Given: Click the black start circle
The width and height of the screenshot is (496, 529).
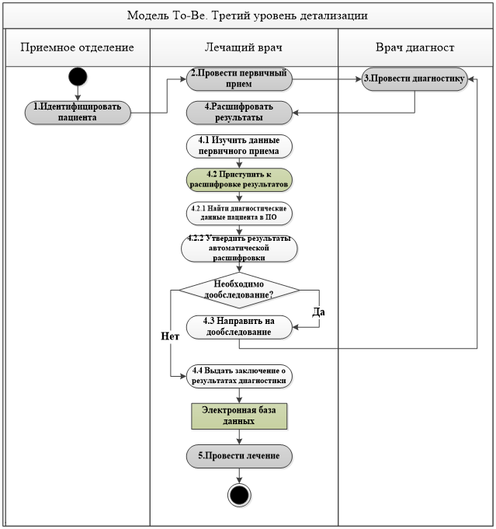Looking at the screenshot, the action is pos(78,76).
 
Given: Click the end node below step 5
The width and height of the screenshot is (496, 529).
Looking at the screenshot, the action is pos(239,495).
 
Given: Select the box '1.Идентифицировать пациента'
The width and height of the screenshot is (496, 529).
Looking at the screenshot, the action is pos(78,113).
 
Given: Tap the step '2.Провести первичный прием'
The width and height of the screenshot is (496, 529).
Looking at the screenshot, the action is pos(239,79).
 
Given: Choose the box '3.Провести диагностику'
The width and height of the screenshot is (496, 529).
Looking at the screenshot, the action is pos(414,79).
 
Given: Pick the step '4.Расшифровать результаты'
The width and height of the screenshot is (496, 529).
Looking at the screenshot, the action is pos(239,113).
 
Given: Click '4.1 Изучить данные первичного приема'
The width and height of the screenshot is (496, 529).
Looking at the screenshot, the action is pos(239,146).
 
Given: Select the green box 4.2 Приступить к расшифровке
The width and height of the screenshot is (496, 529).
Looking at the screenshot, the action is pos(239,179).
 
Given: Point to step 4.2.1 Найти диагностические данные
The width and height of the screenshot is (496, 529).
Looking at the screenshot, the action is pos(239,213).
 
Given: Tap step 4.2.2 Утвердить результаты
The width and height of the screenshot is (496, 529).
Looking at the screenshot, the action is pos(239,249).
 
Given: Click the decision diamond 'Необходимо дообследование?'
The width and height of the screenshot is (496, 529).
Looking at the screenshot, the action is pos(239,290).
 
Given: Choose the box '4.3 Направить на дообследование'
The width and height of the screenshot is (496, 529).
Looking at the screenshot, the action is pos(239,327).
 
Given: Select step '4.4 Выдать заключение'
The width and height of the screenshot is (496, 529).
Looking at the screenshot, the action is pos(239,376).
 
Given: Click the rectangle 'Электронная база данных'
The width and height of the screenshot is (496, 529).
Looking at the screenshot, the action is pos(239,416).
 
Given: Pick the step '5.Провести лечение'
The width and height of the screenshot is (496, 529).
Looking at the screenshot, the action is pos(239,456).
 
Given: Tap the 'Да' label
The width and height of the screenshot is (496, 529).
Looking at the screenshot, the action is pos(319,312).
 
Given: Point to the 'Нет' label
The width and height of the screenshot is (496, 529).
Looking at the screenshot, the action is pos(170,336).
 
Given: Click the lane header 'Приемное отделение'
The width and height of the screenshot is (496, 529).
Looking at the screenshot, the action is pos(77,47).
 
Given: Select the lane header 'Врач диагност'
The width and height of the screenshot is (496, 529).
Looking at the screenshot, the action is pos(414,47).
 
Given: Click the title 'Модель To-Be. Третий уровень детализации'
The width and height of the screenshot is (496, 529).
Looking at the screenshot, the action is pos(248,16).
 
